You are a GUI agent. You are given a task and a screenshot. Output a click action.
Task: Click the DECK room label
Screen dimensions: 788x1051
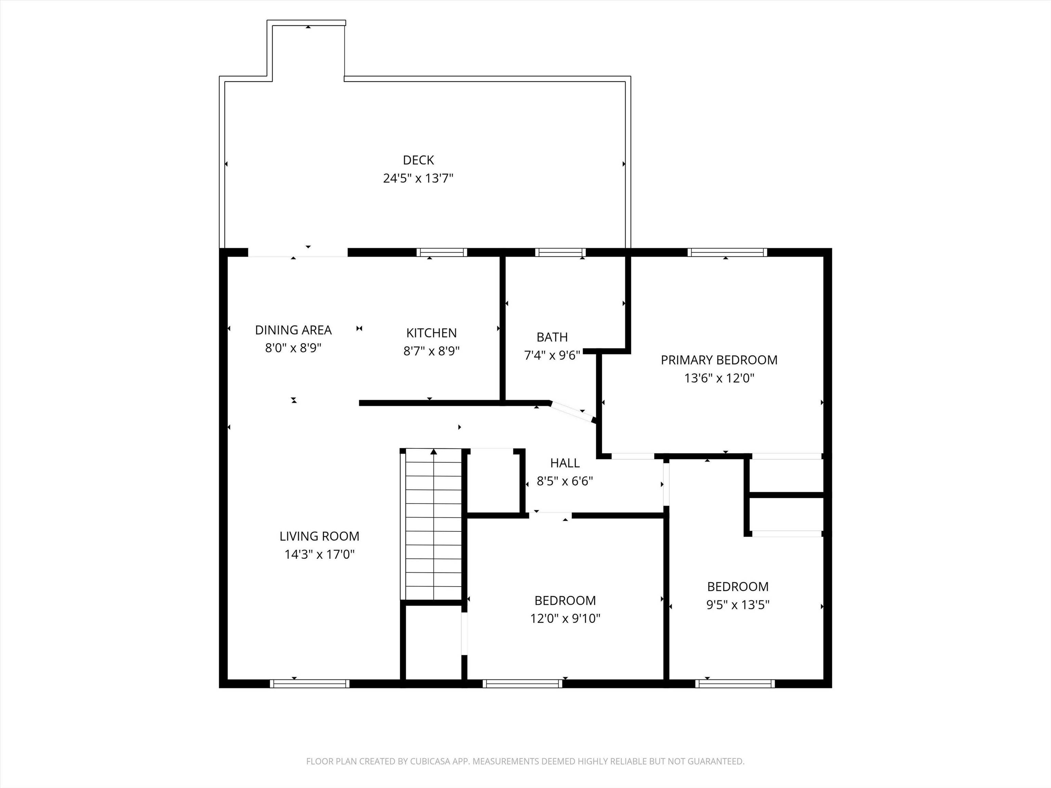coord(418,160)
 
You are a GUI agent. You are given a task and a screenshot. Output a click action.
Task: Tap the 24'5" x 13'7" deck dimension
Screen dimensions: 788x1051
coord(418,179)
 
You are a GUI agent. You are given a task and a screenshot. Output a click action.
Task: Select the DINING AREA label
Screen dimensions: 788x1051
coord(293,330)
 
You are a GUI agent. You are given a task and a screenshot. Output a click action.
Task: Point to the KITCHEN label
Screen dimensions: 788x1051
coord(431,333)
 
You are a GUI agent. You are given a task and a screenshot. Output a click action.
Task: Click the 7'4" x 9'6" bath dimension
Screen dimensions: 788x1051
coord(552,355)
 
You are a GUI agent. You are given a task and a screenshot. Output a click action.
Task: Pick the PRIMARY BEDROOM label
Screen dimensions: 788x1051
coord(719,360)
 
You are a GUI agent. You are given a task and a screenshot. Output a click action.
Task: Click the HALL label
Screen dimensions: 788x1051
coord(565,463)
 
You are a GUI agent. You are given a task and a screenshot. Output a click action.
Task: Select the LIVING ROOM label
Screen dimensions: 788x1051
coord(319,536)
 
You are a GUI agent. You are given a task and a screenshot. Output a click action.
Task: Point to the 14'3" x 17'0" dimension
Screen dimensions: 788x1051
coord(319,554)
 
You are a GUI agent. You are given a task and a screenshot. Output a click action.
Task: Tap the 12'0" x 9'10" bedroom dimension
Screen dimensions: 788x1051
coord(565,618)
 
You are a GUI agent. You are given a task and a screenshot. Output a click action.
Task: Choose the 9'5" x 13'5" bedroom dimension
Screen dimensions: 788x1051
coord(737,605)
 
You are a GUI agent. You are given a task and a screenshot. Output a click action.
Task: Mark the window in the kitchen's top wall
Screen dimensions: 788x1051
coord(442,252)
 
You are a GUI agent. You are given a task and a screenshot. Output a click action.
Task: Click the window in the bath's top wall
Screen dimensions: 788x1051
coord(560,252)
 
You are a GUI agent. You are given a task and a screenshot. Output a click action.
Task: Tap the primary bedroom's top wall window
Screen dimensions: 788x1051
coord(727,252)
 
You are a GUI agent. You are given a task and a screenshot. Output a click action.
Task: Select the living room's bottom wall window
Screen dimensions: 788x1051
coord(310,683)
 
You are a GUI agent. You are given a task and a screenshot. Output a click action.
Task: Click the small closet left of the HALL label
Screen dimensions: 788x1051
coord(494,481)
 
